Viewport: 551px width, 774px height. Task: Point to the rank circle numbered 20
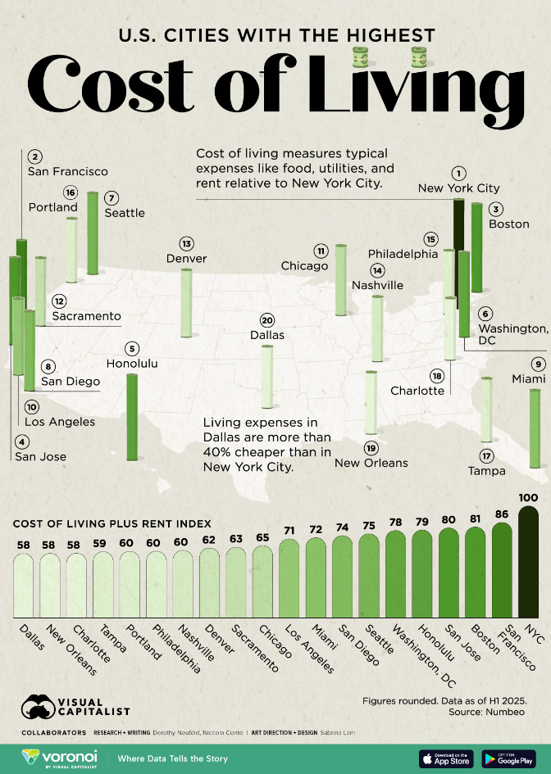point(266,320)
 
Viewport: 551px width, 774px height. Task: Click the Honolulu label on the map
point(131,363)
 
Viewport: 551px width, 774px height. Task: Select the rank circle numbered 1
point(458,173)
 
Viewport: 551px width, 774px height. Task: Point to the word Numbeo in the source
point(508,690)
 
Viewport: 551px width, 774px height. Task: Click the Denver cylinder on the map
point(186,303)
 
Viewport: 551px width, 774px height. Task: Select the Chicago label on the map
point(303,265)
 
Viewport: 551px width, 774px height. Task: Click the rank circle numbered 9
point(538,364)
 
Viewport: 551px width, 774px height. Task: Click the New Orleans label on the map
point(371,463)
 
